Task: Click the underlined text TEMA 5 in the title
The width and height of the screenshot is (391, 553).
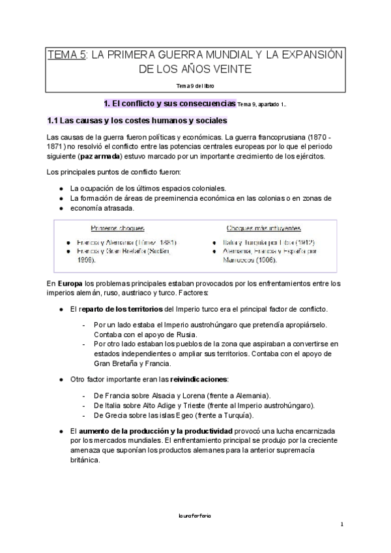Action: pos(67,55)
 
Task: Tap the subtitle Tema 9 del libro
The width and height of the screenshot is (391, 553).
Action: pos(195,85)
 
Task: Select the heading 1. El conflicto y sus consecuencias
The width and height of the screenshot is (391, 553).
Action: pos(170,103)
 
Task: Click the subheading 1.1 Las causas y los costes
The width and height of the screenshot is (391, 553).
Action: pos(137,121)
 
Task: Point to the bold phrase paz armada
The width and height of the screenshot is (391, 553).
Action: pos(99,157)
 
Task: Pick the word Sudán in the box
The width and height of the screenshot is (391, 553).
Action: pos(158,250)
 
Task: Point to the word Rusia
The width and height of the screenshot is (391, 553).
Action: pos(176,335)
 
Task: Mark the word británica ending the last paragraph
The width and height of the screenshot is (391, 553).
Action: pos(85,459)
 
